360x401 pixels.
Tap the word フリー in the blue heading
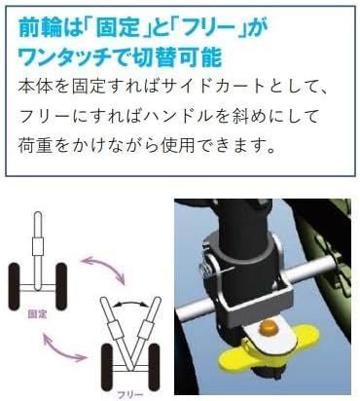tap(207, 28)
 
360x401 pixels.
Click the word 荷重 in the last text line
tap(35, 145)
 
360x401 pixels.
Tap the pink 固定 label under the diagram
tap(38, 314)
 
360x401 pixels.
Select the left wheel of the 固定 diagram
tap(15, 286)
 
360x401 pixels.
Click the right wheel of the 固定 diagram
tap(61, 286)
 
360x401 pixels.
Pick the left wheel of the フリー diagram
tap(108, 367)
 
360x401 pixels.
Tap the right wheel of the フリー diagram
tap(154, 367)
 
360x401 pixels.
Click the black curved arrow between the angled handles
tap(131, 302)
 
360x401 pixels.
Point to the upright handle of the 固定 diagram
tap(38, 250)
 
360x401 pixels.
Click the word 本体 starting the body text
tap(35, 87)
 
